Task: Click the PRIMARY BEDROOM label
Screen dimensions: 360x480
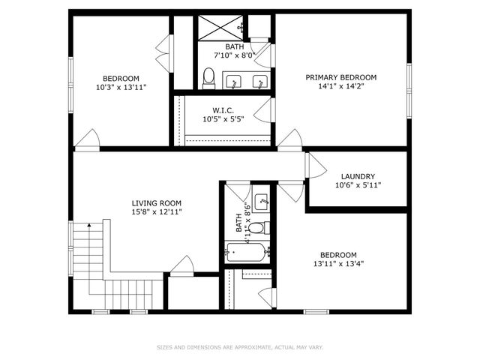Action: coord(340,77)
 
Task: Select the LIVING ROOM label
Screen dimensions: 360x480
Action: coord(156,203)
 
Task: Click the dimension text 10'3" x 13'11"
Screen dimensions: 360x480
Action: coord(121,88)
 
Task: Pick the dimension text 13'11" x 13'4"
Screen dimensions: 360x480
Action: coord(339,263)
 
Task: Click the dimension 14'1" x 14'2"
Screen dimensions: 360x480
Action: coord(340,86)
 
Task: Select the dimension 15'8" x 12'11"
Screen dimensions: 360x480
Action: coord(156,212)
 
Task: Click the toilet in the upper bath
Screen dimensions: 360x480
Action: coord(208,77)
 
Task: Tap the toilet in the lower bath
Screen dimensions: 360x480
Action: coord(256,227)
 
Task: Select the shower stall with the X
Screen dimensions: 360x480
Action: coord(219,28)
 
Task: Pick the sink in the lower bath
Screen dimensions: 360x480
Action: coord(262,201)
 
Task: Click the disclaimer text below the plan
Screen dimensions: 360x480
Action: coord(239,347)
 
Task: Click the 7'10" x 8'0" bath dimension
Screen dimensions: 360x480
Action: coord(235,54)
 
